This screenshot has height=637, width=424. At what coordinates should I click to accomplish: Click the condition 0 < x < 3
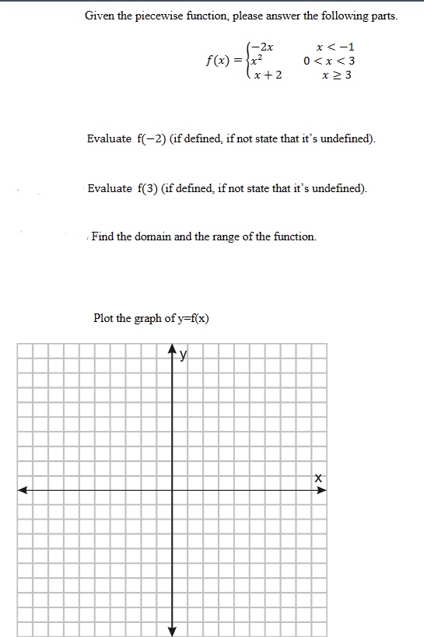[x=330, y=61]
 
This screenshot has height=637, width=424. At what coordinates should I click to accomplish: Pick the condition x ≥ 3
[x=337, y=75]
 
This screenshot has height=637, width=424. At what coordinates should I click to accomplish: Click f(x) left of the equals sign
[x=219, y=61]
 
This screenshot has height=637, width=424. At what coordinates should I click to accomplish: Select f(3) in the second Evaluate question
[x=148, y=188]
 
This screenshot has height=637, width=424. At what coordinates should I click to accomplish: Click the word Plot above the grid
[x=104, y=317]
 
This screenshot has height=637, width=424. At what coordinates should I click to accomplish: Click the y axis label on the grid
[x=184, y=356]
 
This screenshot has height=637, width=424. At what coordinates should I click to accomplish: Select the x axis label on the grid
[x=318, y=478]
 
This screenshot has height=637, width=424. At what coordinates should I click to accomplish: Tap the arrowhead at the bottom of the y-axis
[x=173, y=630]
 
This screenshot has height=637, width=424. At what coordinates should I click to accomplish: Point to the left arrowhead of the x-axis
[x=23, y=490]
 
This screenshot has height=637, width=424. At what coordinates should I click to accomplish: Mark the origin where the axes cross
[x=173, y=490]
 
